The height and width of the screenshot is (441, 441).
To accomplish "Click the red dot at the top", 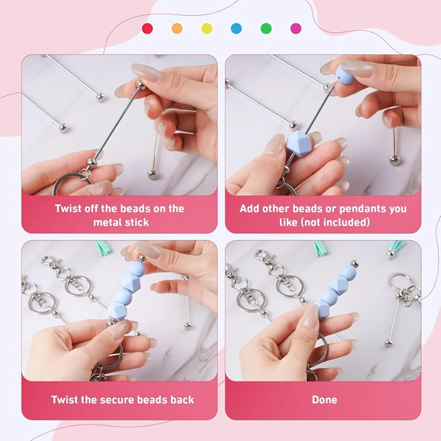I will point(147,28).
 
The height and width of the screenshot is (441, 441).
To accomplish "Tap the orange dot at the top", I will point(177,28).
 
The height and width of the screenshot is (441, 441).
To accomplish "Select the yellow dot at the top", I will point(207,28).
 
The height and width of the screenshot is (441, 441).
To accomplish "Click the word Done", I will point(324,400).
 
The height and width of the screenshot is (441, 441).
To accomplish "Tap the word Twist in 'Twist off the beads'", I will point(69,209).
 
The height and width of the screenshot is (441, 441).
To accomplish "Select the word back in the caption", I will point(182,400).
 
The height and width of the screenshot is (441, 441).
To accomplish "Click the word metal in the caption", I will point(106,223).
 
